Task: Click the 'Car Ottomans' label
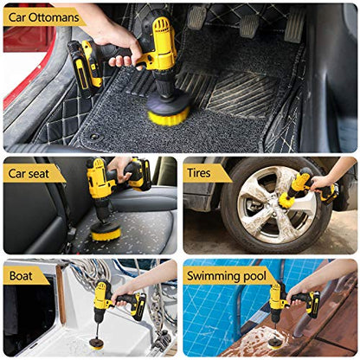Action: click(x=43, y=17)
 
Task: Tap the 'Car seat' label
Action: click(x=29, y=174)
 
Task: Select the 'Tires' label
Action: click(x=199, y=173)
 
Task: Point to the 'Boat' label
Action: click(x=21, y=276)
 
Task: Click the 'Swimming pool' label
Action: click(x=227, y=276)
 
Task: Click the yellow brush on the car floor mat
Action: click(x=168, y=115)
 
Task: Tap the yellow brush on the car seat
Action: click(x=106, y=232)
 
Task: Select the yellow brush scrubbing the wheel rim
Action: click(x=286, y=200)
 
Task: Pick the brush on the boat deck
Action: click(x=96, y=344)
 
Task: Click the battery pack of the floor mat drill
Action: click(x=85, y=65)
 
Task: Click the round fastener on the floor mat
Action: click(x=94, y=137)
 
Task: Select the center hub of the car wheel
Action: click(x=271, y=207)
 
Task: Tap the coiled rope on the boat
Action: click(x=89, y=272)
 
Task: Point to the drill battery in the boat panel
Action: click(x=138, y=307)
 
